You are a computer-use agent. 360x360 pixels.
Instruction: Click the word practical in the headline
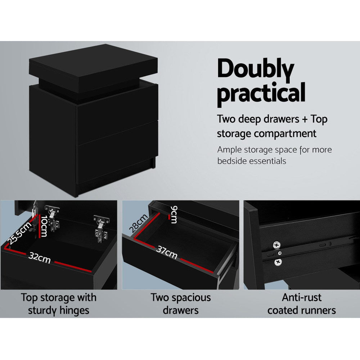pos(261,93)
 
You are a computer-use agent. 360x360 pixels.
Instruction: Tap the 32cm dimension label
pos(40,258)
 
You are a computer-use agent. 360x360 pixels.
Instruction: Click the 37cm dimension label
pos(167,252)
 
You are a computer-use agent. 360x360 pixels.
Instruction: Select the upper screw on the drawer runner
pos(277,245)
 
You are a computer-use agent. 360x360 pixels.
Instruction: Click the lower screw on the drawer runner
pos(278,262)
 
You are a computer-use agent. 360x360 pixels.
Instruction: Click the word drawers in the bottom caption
pos(180,310)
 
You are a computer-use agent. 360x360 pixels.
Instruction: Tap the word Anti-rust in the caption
pos(302,298)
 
